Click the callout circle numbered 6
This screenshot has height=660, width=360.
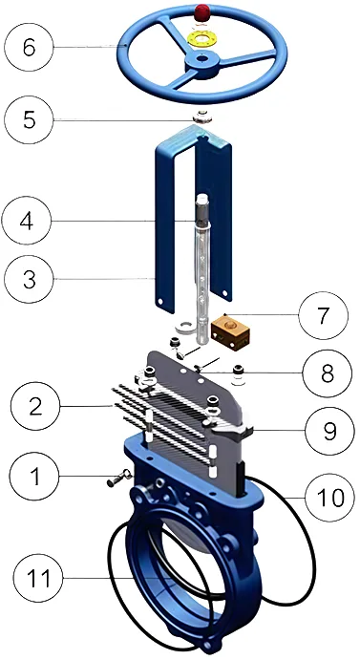(29, 47)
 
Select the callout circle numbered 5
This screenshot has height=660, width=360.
(29, 120)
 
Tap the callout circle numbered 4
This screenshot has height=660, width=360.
(27, 221)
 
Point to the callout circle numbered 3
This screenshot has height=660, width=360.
(29, 278)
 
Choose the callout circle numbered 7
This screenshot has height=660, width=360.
(324, 316)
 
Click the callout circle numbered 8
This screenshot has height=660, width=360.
(328, 373)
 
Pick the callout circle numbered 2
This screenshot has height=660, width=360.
(35, 406)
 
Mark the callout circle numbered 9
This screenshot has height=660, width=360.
(330, 430)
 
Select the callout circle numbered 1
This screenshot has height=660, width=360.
(35, 476)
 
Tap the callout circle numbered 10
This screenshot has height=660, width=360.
(330, 497)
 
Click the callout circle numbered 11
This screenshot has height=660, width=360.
(38, 578)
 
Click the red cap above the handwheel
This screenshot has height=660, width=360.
(203, 12)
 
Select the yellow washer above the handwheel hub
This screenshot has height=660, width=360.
(203, 40)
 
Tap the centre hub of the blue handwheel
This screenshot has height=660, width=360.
(201, 64)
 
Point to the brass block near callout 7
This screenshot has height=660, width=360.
(230, 333)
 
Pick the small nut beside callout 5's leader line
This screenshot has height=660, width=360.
(203, 117)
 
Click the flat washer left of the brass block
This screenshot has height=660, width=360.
(182, 327)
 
